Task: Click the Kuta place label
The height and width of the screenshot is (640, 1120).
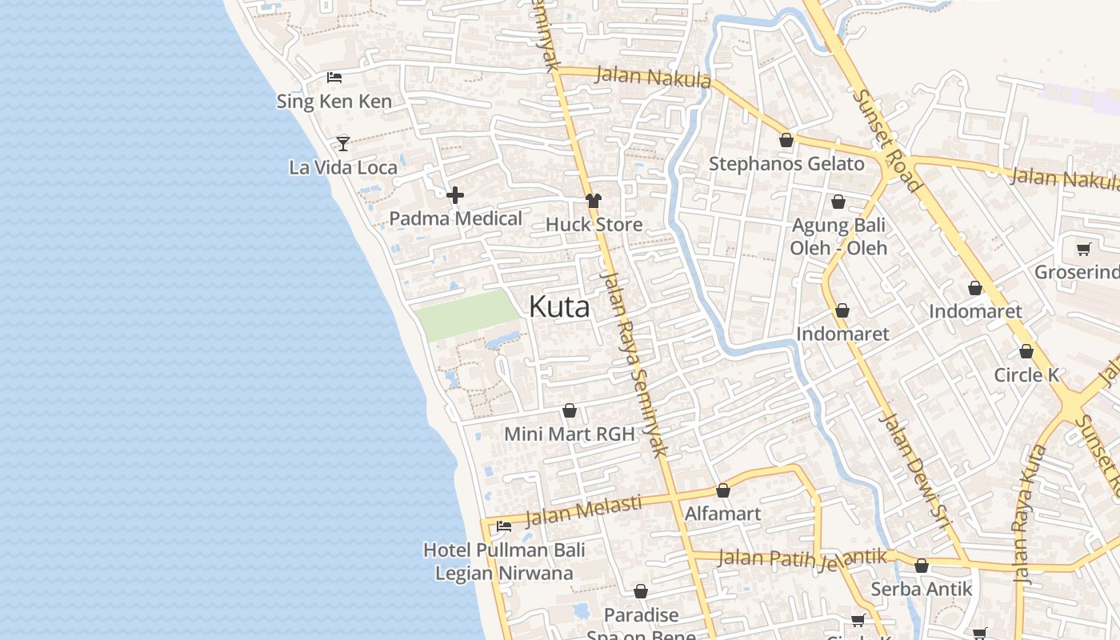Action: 559,306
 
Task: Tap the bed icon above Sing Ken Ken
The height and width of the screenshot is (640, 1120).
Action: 334,78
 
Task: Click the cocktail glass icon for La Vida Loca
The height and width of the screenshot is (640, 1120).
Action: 343,143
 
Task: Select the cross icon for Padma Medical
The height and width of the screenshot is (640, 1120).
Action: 455,194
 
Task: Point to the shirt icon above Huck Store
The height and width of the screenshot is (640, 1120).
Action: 593,200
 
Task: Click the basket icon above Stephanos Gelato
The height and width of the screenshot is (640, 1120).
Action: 786,140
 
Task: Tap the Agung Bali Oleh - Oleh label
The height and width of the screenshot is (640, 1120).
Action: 838,237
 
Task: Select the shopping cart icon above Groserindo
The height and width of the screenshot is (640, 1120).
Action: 1084,249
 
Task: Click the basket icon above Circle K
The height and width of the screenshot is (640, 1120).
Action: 1026,351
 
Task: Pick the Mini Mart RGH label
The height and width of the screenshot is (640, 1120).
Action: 569,434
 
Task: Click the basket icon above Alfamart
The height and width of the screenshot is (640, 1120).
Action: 723,490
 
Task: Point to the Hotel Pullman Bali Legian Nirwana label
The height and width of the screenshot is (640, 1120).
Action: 504,562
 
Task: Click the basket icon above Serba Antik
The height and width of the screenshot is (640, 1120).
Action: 922,566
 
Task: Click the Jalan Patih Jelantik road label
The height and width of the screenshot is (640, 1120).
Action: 802,557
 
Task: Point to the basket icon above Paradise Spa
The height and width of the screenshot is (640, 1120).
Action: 641,592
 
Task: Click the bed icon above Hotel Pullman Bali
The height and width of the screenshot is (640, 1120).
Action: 504,526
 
